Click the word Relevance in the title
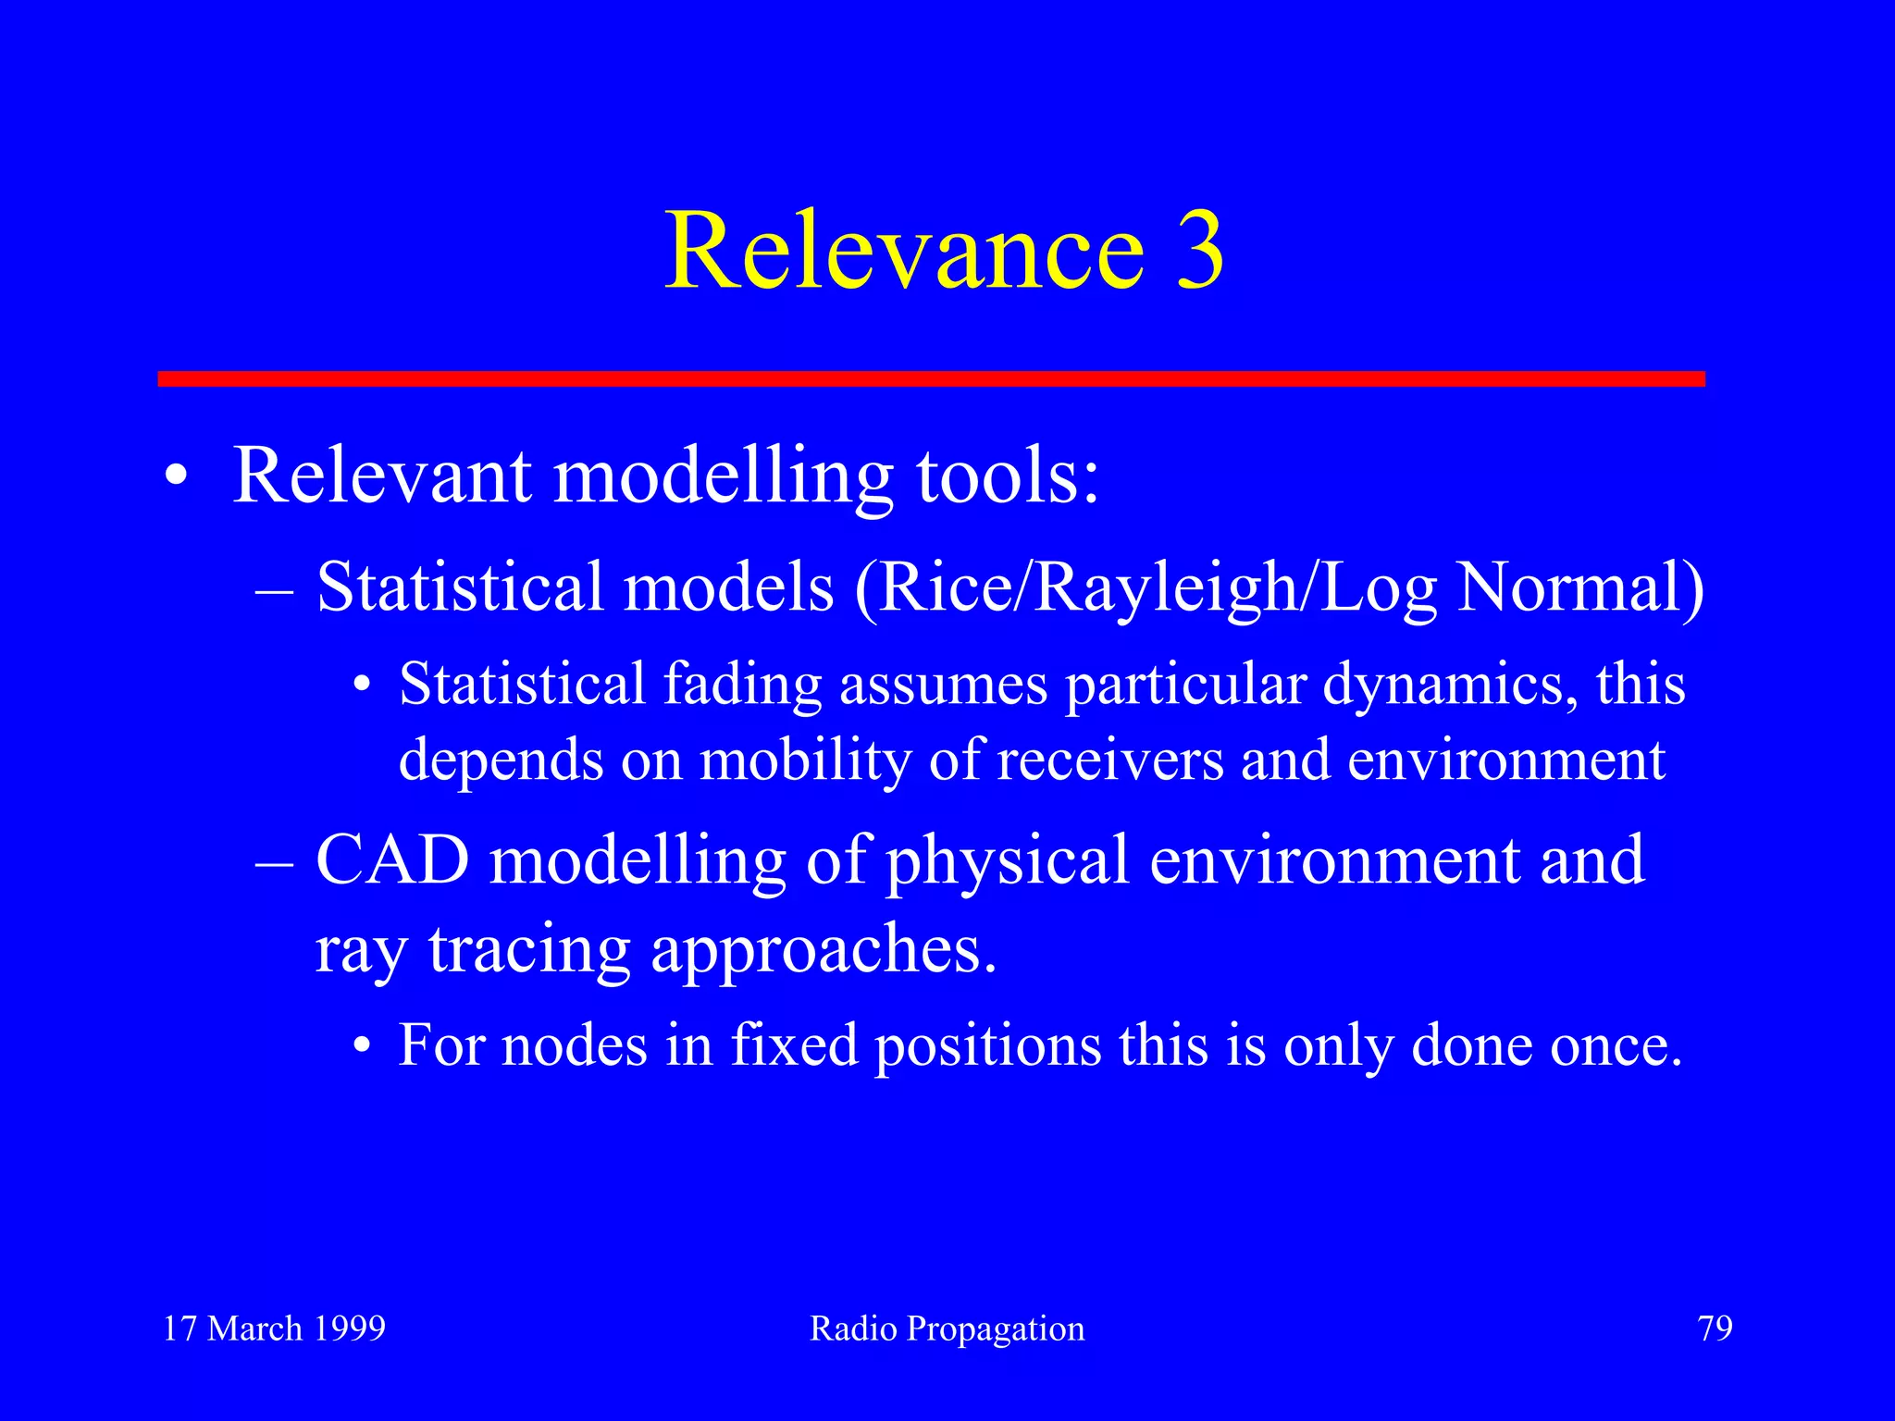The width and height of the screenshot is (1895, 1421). point(905,250)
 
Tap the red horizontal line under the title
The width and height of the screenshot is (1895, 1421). point(931,378)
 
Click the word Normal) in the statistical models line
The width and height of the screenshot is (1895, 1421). point(1580,588)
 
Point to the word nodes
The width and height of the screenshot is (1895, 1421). point(574,1045)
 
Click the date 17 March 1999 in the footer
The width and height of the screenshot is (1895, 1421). point(274,1328)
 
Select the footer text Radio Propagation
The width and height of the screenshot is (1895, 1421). point(947,1328)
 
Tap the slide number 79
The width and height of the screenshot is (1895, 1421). point(1715,1328)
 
